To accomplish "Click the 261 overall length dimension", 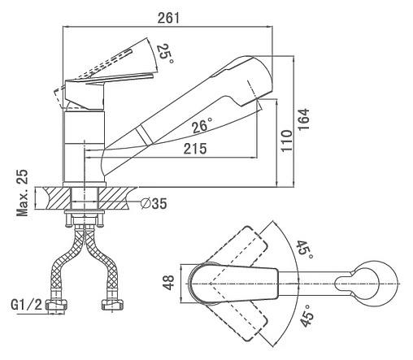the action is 168,18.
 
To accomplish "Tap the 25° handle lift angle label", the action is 164,54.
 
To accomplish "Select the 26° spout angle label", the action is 202,125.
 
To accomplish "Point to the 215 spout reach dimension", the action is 195,149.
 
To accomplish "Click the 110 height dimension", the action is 287,141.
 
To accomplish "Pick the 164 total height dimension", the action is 304,119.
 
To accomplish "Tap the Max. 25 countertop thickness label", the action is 22,193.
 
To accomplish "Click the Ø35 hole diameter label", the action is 154,203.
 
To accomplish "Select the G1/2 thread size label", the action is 27,305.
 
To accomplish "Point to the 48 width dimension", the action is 169,283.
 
